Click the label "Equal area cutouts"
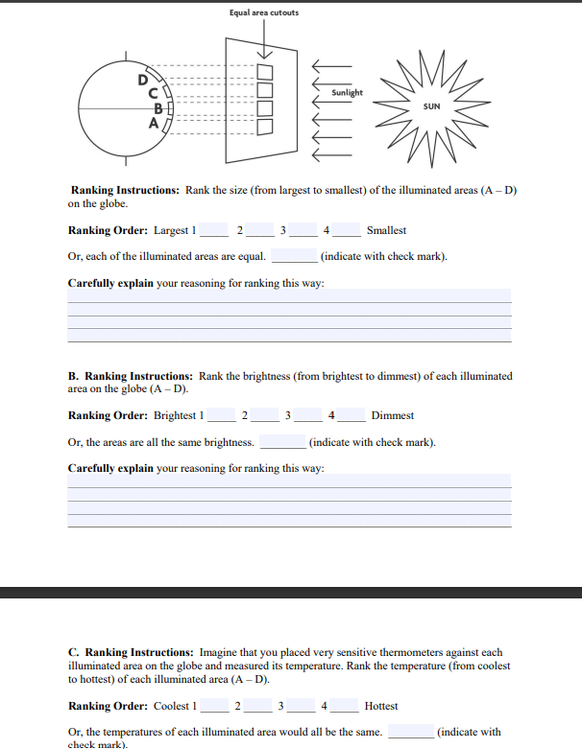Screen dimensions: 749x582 click(x=264, y=12)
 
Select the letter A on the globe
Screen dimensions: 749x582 click(x=151, y=123)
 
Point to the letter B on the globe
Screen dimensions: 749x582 click(x=158, y=107)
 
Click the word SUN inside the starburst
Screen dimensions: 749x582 click(x=431, y=106)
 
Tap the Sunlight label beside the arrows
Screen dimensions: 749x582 click(x=347, y=93)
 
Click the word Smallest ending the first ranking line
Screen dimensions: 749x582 click(x=386, y=230)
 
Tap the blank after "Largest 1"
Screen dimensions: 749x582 click(x=213, y=231)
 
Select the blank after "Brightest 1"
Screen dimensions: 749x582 click(x=221, y=416)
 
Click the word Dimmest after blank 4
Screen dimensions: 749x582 click(x=392, y=415)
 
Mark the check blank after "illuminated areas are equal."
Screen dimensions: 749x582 click(x=293, y=257)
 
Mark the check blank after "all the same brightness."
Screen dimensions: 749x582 click(x=282, y=443)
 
